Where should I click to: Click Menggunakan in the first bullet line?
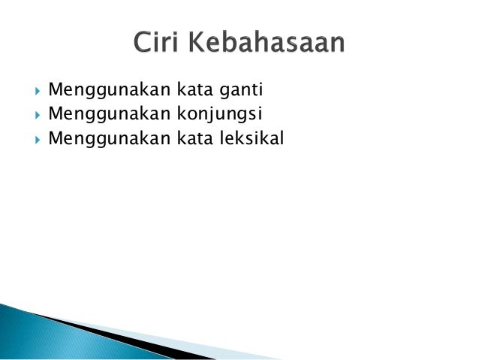click(109, 92)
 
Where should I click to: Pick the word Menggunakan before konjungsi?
click(109, 115)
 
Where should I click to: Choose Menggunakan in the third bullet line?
click(109, 138)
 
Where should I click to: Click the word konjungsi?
click(222, 115)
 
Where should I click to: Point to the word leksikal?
click(252, 138)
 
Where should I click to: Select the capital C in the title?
click(142, 43)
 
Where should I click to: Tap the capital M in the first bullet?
click(55, 92)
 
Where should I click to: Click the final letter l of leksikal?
click(283, 138)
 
